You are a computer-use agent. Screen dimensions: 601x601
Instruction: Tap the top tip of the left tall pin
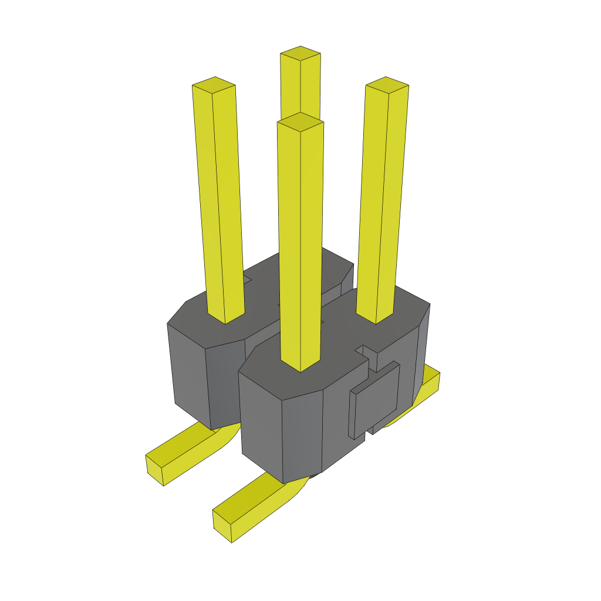[x=214, y=85]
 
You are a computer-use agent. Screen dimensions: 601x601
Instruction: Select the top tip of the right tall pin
[x=387, y=85]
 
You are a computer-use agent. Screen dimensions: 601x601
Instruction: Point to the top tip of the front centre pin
[x=300, y=121]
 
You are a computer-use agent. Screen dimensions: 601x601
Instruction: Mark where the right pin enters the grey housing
[x=376, y=316]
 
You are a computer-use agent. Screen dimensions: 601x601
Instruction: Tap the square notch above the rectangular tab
[x=368, y=352]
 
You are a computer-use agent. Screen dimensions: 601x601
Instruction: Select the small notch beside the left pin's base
[x=247, y=280]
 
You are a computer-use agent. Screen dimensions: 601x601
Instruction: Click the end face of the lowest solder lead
[x=222, y=526]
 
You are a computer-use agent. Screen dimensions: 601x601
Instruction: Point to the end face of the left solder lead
[x=154, y=470]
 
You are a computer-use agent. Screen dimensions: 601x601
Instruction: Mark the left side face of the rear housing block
[x=188, y=370]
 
